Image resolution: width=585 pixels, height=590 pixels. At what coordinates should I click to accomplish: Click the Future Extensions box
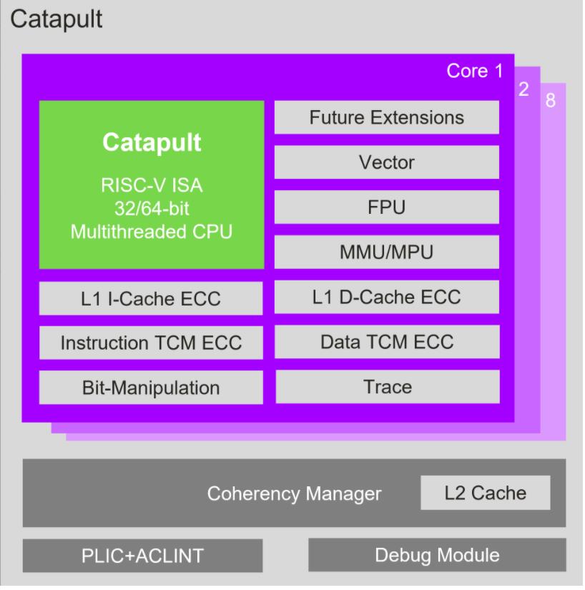[387, 117]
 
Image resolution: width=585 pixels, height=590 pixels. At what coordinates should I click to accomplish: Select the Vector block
[387, 162]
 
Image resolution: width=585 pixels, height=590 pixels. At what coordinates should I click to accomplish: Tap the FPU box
[387, 207]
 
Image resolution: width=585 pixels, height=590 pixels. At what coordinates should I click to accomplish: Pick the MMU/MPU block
[387, 252]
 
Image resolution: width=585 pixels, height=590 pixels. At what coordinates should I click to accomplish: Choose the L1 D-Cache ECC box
[387, 297]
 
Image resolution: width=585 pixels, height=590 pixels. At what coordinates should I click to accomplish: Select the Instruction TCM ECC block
[151, 343]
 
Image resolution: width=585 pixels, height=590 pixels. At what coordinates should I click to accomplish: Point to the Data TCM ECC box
[387, 341]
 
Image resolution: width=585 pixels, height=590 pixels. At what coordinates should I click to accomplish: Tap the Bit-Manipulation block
[151, 388]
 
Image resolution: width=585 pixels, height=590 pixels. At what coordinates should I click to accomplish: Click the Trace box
[387, 386]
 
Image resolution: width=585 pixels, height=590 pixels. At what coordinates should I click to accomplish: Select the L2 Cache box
[486, 493]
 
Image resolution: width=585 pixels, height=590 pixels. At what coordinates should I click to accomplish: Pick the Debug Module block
[437, 555]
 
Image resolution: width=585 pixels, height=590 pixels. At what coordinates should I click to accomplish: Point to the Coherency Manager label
[294, 494]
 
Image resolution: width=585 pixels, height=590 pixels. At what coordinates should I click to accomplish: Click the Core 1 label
[475, 72]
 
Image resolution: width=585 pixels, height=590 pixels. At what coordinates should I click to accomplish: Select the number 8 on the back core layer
[550, 101]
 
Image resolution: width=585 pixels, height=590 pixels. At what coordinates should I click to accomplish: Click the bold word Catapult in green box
[152, 142]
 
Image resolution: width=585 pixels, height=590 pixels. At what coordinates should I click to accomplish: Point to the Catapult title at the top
[56, 19]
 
